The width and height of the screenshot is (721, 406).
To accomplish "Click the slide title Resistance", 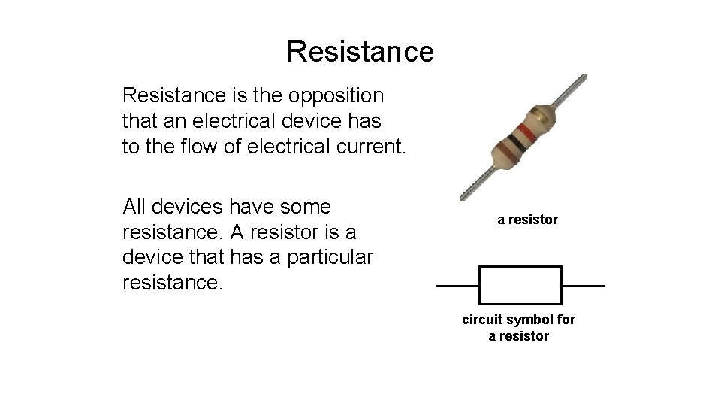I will click(360, 51).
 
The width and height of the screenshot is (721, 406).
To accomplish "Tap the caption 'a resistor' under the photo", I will click(527, 220).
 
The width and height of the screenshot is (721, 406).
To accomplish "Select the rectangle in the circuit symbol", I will click(520, 286).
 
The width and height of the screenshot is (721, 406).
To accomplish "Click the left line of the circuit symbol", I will click(457, 286).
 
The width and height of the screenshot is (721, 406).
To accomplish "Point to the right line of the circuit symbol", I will click(583, 286).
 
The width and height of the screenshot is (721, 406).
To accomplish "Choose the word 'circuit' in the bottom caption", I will click(481, 320).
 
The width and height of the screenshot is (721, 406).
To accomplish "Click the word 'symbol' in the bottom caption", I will click(526, 320).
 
